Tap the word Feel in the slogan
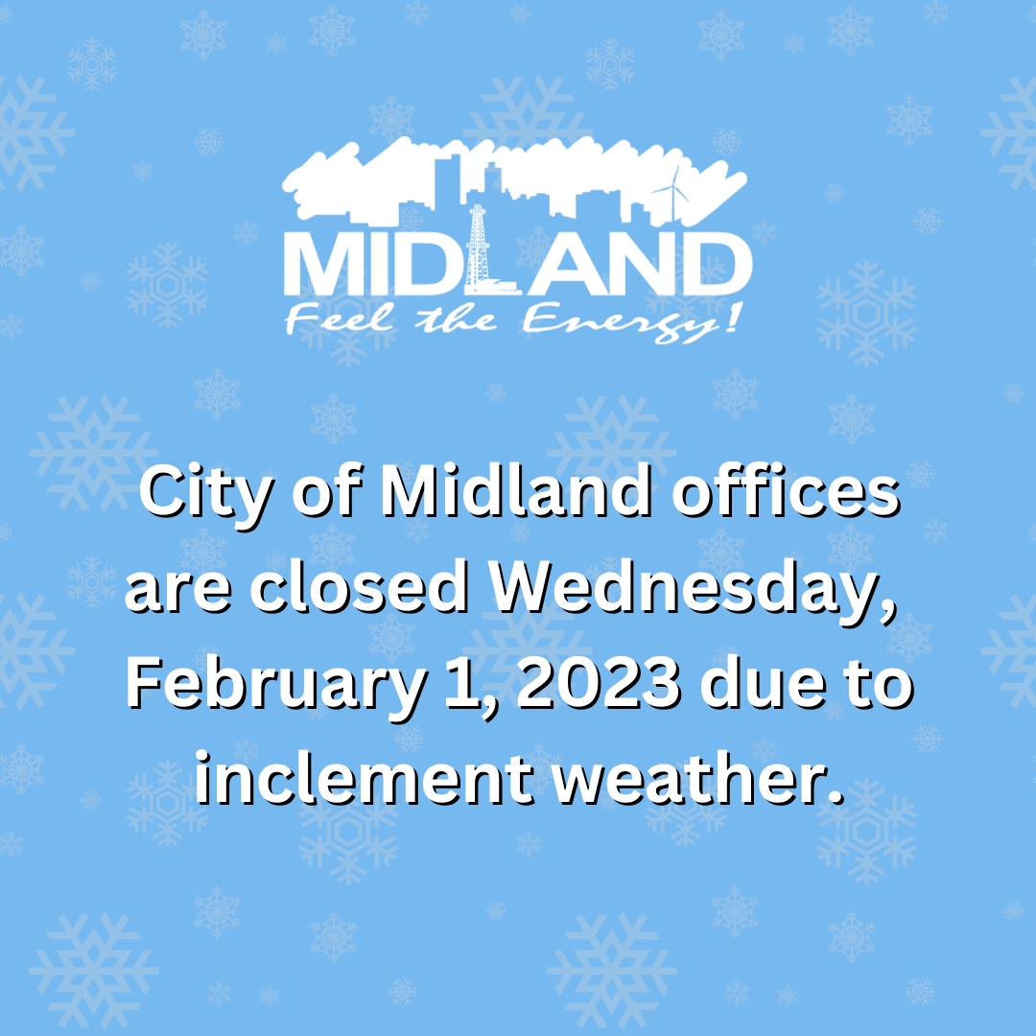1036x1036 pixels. (332, 321)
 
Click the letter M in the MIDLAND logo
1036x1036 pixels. (322, 265)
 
